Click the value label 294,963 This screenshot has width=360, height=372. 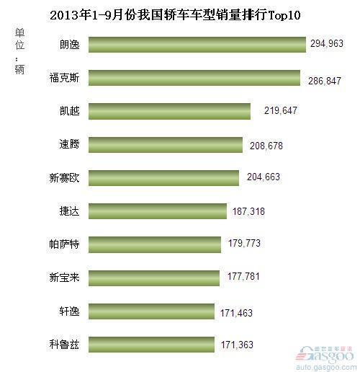tap(327, 44)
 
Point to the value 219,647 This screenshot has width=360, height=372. tap(274, 111)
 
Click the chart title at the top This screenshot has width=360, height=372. tap(180, 14)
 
